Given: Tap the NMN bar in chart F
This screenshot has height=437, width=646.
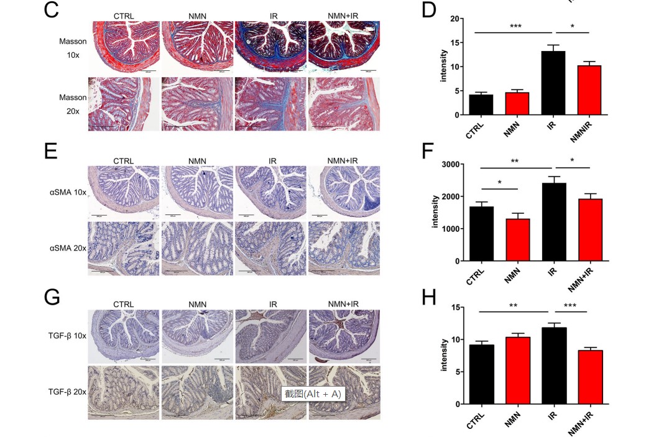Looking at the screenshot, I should [517, 240].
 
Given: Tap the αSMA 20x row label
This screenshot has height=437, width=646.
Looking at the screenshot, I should [68, 248].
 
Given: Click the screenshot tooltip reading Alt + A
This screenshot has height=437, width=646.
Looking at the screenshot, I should [313, 393].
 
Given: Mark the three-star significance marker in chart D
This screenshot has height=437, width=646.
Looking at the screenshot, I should [515, 26].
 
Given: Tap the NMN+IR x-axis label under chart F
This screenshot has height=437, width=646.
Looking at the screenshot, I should [583, 280].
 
